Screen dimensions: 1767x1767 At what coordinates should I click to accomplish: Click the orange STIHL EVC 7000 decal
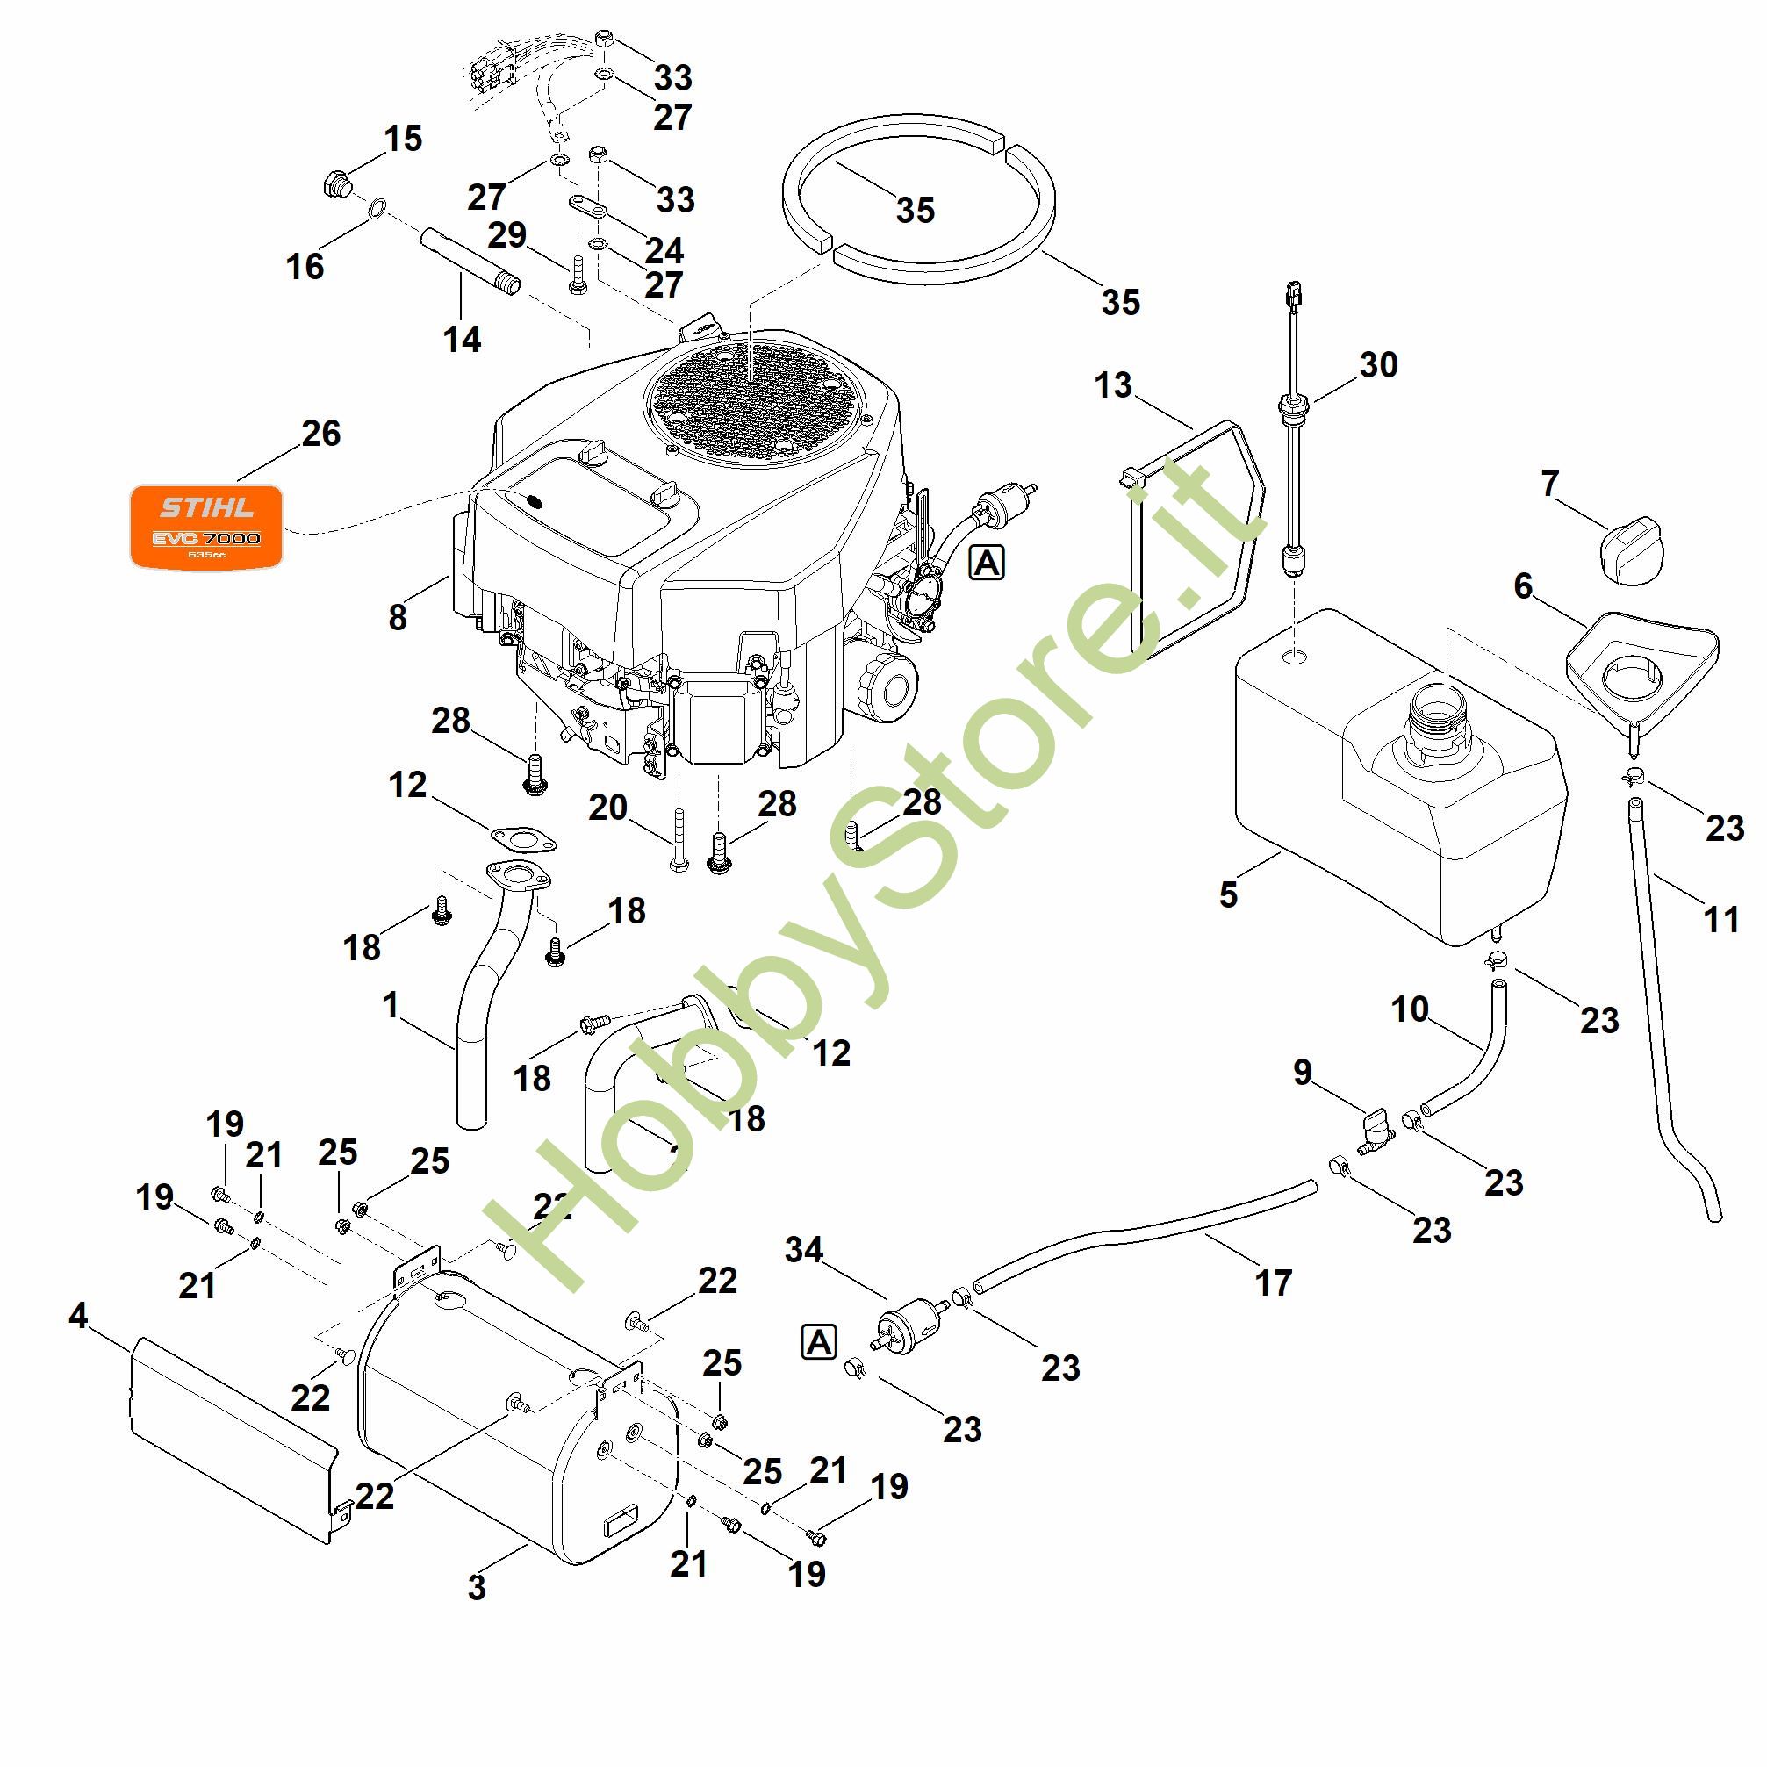point(205,526)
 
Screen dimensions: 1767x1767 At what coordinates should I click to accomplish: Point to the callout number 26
point(321,434)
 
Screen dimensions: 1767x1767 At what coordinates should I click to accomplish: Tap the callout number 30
point(1378,365)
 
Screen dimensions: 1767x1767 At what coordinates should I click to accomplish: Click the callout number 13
point(1113,385)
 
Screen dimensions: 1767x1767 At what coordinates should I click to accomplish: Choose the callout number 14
point(462,340)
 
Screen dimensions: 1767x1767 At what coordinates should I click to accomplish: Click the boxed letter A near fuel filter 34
point(819,1343)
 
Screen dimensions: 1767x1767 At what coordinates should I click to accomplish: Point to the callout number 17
point(1273,1283)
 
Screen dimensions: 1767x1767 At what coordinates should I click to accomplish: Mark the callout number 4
point(79,1316)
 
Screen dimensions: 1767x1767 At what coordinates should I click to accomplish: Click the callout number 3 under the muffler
point(477,1588)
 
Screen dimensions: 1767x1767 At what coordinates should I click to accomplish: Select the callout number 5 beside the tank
point(1228,894)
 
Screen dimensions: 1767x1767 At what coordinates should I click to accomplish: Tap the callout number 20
point(607,808)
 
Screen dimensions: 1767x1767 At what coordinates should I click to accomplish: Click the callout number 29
point(506,235)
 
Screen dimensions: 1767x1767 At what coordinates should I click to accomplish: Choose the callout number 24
point(664,249)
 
